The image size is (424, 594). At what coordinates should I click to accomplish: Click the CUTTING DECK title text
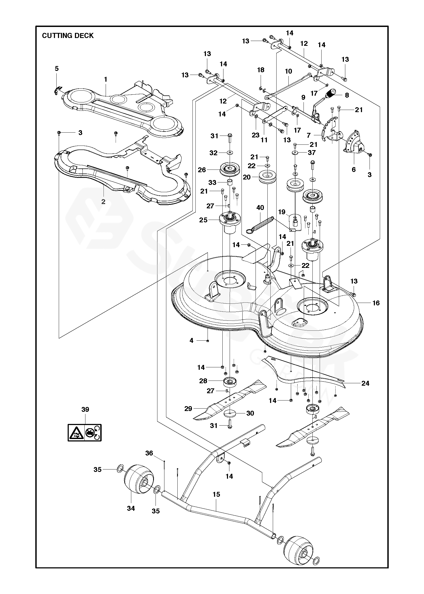pyautogui.click(x=68, y=36)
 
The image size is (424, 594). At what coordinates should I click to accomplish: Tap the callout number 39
pyautogui.click(x=85, y=409)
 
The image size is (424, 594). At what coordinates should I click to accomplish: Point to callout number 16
pyautogui.click(x=376, y=303)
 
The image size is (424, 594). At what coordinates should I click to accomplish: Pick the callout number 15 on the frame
pyautogui.click(x=216, y=494)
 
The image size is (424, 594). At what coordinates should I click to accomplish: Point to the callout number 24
pyautogui.click(x=365, y=383)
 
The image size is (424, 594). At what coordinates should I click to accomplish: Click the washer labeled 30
pyautogui.click(x=230, y=413)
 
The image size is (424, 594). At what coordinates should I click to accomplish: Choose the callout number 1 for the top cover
pyautogui.click(x=106, y=80)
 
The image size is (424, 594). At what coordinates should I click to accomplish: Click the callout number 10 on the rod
pyautogui.click(x=288, y=71)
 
